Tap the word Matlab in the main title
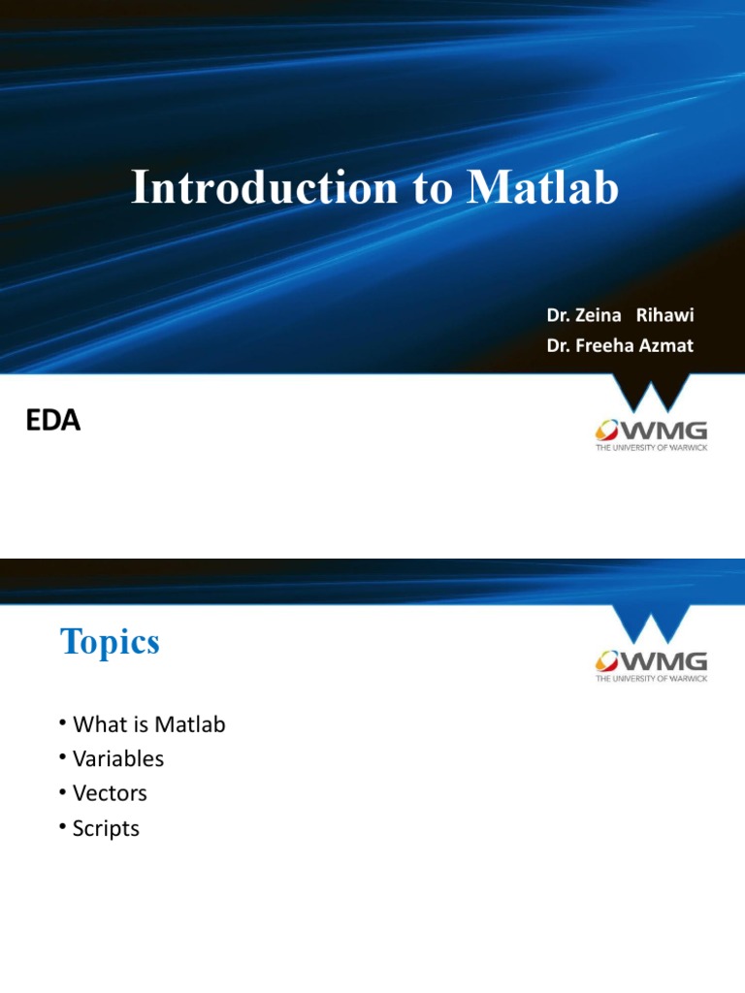[x=542, y=187]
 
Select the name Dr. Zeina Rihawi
[x=620, y=316]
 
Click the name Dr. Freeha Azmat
[x=620, y=345]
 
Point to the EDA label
[x=51, y=421]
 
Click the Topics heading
[x=110, y=642]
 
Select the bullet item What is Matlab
[x=148, y=724]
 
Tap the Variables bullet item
[x=118, y=759]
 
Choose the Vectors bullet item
[x=110, y=793]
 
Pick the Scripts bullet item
[x=106, y=828]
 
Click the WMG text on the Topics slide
[x=664, y=662]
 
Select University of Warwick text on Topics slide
[x=651, y=679]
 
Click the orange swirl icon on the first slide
[x=608, y=431]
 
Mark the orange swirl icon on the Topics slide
[x=608, y=662]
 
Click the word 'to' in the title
[x=428, y=187]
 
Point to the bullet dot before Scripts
[x=62, y=825]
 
